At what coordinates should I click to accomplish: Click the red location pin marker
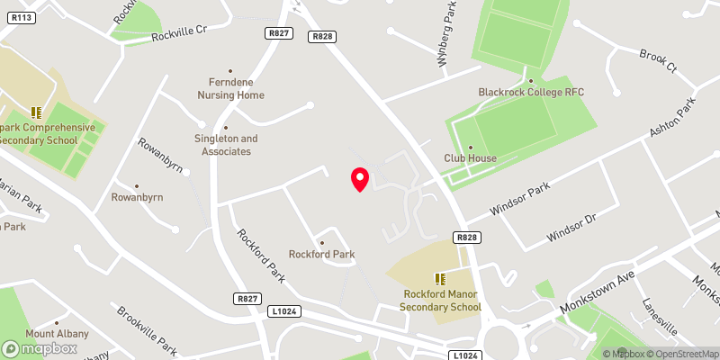coord(359,179)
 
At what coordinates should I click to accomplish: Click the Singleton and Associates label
coord(226,145)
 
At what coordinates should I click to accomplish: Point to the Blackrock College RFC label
coord(531,93)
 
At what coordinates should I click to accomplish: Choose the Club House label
coord(470,158)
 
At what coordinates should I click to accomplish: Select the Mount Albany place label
coord(57,334)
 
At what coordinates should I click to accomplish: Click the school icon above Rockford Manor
coord(441,280)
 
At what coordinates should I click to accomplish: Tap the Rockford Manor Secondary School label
coord(441,301)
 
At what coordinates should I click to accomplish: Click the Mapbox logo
coord(38,347)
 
